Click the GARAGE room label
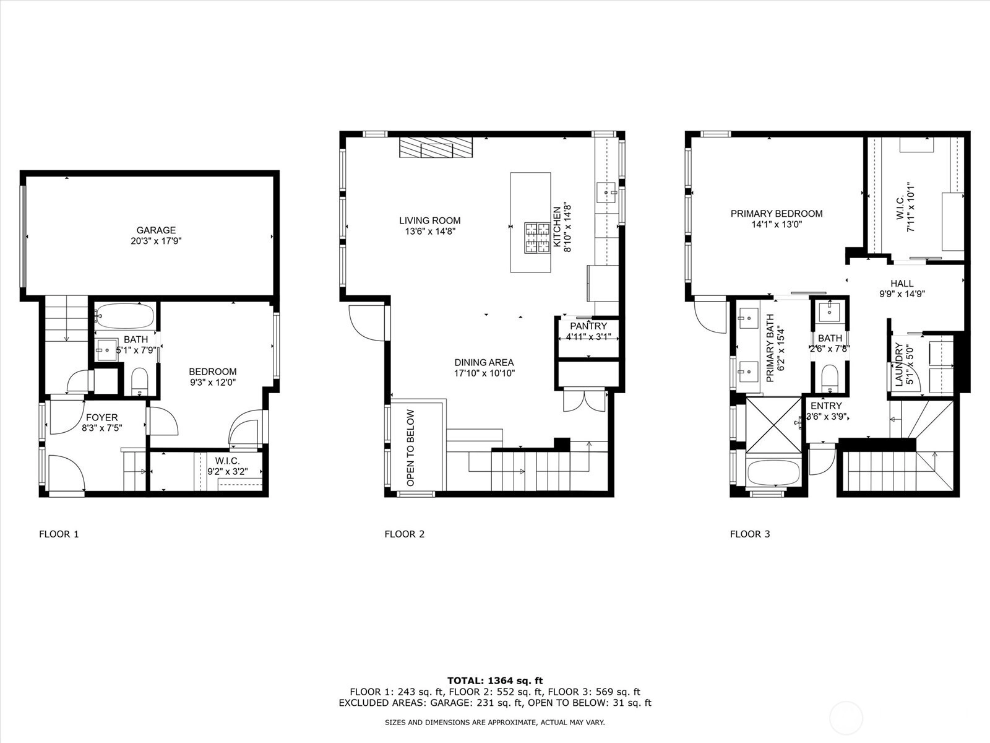(156, 230)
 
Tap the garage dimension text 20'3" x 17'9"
(156, 241)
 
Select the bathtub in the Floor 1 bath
(125, 316)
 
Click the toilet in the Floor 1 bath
(139, 381)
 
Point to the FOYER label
(102, 418)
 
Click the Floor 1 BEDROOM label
(212, 371)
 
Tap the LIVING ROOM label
(430, 220)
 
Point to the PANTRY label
(588, 326)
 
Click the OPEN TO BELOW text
(410, 448)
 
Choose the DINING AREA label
(484, 363)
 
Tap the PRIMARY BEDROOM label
(777, 214)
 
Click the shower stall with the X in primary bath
(774, 425)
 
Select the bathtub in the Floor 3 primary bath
(773, 472)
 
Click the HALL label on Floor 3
(902, 284)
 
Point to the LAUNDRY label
(899, 365)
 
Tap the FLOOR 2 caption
(405, 534)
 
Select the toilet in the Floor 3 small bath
(830, 378)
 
